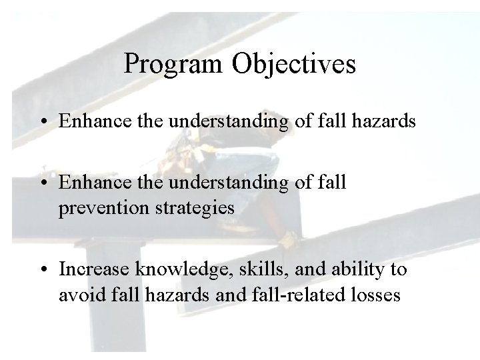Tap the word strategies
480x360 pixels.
coord(201,208)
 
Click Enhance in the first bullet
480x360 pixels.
coord(91,122)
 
